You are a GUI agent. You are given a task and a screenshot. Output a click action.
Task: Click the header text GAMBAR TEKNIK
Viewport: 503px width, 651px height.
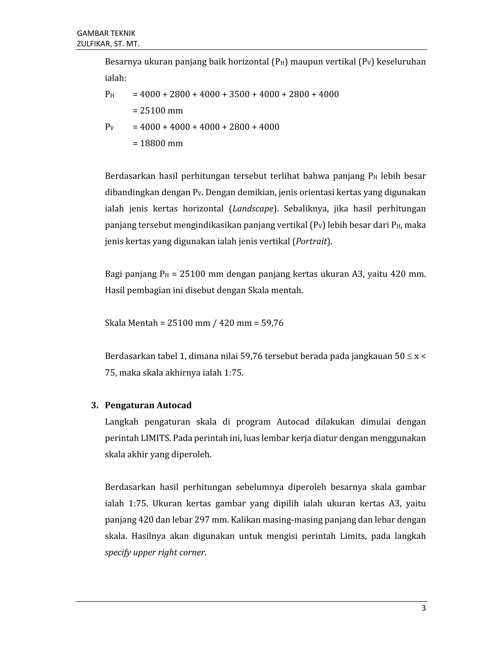(x=106, y=33)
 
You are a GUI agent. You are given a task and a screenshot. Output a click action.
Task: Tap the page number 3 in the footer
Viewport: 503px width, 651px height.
(x=423, y=608)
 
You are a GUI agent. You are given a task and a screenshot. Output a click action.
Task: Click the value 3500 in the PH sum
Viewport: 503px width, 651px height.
(x=239, y=94)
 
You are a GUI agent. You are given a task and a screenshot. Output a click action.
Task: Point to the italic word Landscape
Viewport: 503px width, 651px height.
(x=253, y=209)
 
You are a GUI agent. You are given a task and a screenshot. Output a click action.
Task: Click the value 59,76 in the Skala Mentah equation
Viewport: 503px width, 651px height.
(x=272, y=323)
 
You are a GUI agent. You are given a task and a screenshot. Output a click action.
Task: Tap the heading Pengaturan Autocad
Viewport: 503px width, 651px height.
(x=148, y=405)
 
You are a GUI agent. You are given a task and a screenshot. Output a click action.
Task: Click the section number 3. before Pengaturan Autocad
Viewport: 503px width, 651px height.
(x=95, y=405)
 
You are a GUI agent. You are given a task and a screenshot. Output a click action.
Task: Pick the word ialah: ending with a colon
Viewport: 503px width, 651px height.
(x=116, y=78)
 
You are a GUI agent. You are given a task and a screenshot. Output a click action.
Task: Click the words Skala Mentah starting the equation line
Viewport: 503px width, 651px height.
(x=131, y=323)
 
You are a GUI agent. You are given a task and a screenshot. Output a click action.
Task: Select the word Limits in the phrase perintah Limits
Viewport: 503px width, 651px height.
(x=353, y=536)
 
